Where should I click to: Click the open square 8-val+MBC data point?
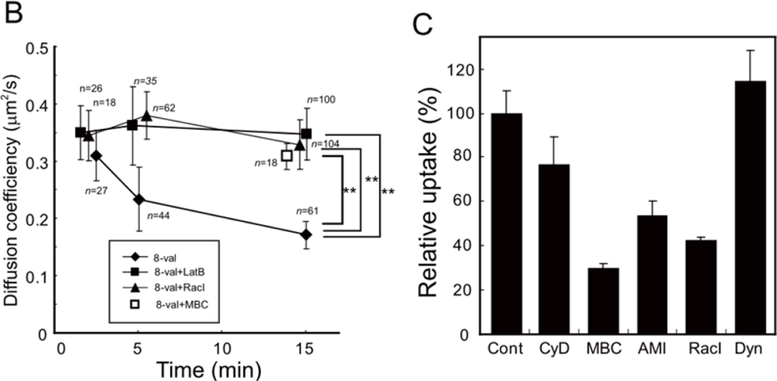point(287,155)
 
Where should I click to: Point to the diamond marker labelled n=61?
point(306,234)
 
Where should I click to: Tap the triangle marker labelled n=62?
point(146,115)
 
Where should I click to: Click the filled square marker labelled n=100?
point(306,133)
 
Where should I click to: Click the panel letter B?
point(12,13)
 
